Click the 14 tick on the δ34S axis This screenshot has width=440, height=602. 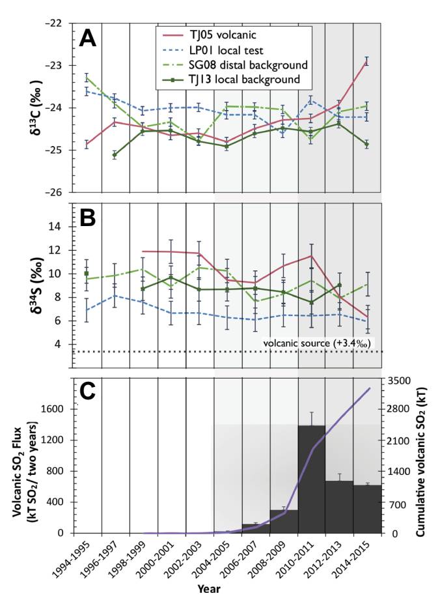click(58, 227)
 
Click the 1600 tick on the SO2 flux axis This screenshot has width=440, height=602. click(51, 409)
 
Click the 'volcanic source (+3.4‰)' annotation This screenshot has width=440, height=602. click(318, 343)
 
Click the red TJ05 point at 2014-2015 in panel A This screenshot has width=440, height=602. click(366, 62)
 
